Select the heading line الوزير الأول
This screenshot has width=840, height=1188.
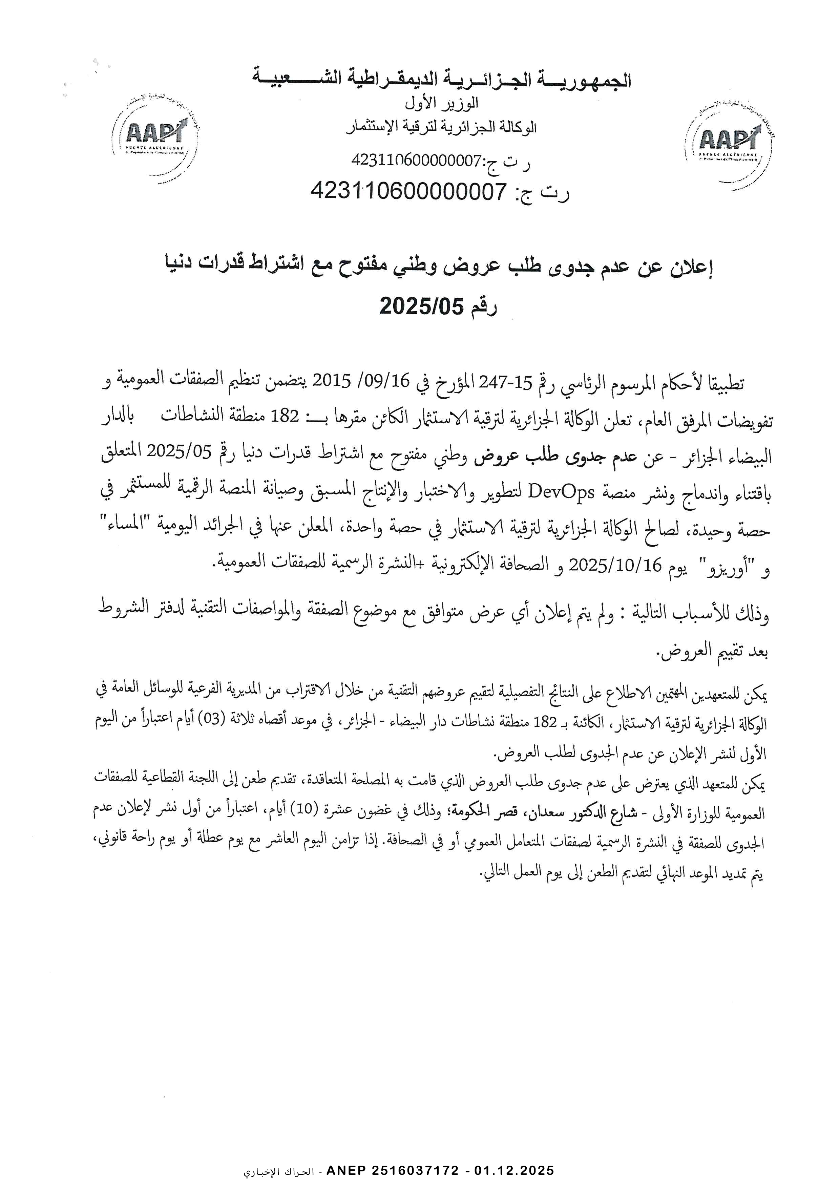(441, 104)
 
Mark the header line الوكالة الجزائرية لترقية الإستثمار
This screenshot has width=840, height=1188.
(441, 127)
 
